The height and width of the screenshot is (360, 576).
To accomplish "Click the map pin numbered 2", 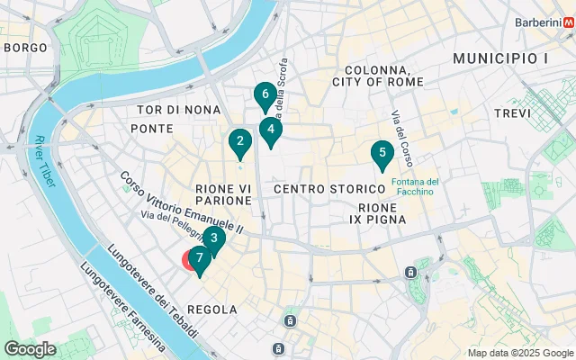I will pyautogui.click(x=238, y=141).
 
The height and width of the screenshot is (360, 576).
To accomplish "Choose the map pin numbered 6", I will pyautogui.click(x=264, y=94).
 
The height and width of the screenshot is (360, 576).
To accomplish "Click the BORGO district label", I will pyautogui.click(x=25, y=46).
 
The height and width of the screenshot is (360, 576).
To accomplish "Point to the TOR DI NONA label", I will pyautogui.click(x=178, y=110).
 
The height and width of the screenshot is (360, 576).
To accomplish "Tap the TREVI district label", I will pyautogui.click(x=513, y=113).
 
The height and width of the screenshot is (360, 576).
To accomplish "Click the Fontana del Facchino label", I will pyautogui.click(x=416, y=187).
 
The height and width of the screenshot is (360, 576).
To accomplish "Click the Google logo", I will pyautogui.click(x=30, y=349).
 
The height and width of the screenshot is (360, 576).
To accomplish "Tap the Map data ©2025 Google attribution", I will pyautogui.click(x=520, y=353).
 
